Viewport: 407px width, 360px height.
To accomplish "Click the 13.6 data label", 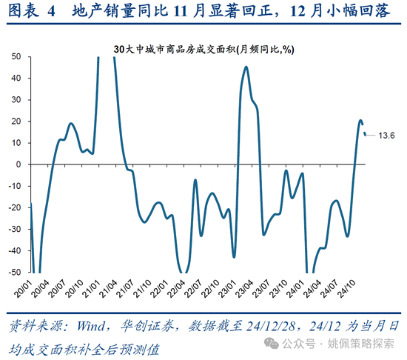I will [387, 136].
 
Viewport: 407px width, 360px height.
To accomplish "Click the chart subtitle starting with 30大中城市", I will [203, 48].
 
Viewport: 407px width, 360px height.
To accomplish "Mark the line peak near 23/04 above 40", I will [246, 67].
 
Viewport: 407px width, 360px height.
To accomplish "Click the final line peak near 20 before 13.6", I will [361, 121].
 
